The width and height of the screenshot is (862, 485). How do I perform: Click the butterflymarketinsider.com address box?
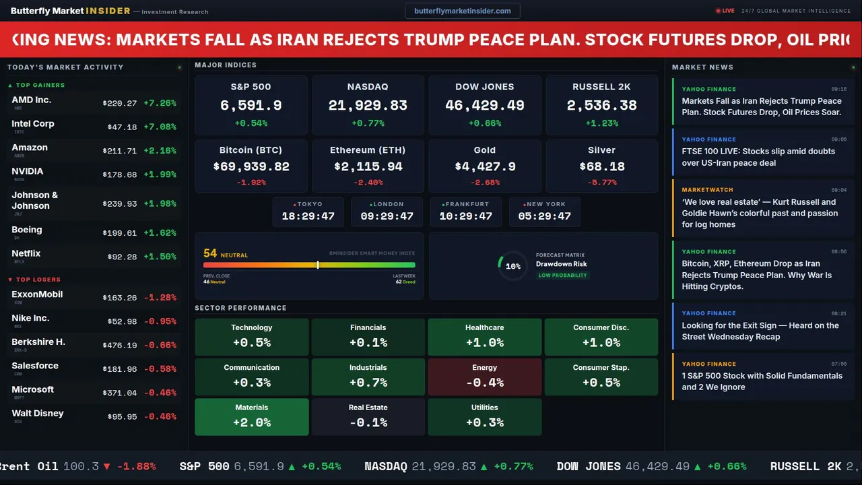coord(462,11)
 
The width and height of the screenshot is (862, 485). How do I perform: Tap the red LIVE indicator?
coord(725,11)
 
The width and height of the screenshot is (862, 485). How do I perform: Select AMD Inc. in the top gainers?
coord(32,100)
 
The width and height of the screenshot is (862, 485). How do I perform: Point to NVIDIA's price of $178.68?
coord(120,174)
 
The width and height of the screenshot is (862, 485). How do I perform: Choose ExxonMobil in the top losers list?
coord(37,294)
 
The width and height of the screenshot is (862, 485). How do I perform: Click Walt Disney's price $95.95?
coord(122,417)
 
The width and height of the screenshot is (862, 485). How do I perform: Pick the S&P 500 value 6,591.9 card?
coord(251,106)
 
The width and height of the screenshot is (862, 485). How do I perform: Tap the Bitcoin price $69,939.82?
coord(251,166)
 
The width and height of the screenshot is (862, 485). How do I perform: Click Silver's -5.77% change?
coord(601,183)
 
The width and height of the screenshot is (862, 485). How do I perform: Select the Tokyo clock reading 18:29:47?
coord(308,216)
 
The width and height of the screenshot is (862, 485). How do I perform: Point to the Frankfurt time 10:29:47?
coord(465,216)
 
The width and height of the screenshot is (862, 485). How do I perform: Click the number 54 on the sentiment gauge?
coord(210,253)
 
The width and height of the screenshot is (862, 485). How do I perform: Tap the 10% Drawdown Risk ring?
coord(512,266)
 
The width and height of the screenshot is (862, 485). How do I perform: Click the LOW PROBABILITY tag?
coord(562,276)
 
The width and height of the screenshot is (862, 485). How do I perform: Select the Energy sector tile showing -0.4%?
coord(484,377)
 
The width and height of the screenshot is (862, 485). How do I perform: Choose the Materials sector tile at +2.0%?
coord(251,416)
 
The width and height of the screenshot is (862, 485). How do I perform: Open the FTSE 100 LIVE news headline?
coord(758,157)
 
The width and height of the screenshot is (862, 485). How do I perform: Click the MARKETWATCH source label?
coord(707,190)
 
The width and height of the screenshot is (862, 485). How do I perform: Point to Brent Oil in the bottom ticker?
coord(30,466)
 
